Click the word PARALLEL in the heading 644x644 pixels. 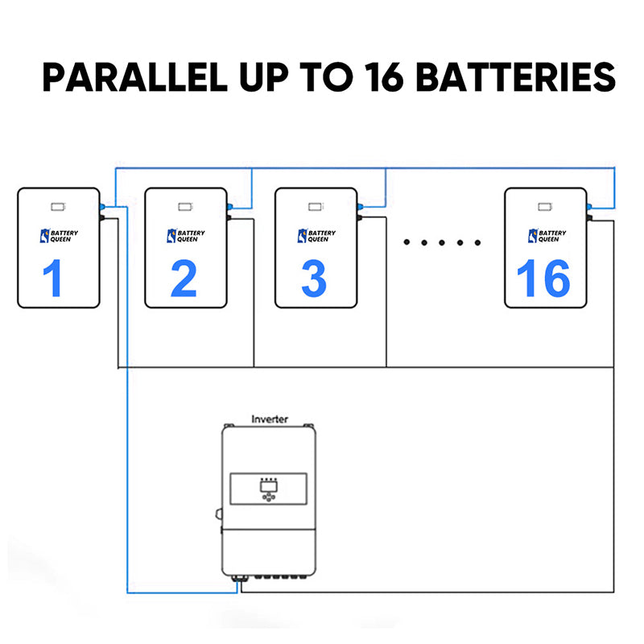(x=131, y=77)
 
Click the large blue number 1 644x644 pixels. (x=52, y=278)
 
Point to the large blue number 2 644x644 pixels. (x=184, y=278)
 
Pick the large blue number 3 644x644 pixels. (x=314, y=278)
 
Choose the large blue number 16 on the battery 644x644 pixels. (x=543, y=278)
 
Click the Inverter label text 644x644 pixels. (x=270, y=419)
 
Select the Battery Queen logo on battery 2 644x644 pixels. (x=185, y=236)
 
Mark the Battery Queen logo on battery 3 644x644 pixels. (x=315, y=236)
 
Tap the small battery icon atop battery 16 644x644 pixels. (x=545, y=206)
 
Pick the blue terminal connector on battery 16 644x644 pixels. (x=590, y=207)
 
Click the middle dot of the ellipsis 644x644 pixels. (x=440, y=242)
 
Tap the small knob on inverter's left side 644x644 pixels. (x=218, y=512)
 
